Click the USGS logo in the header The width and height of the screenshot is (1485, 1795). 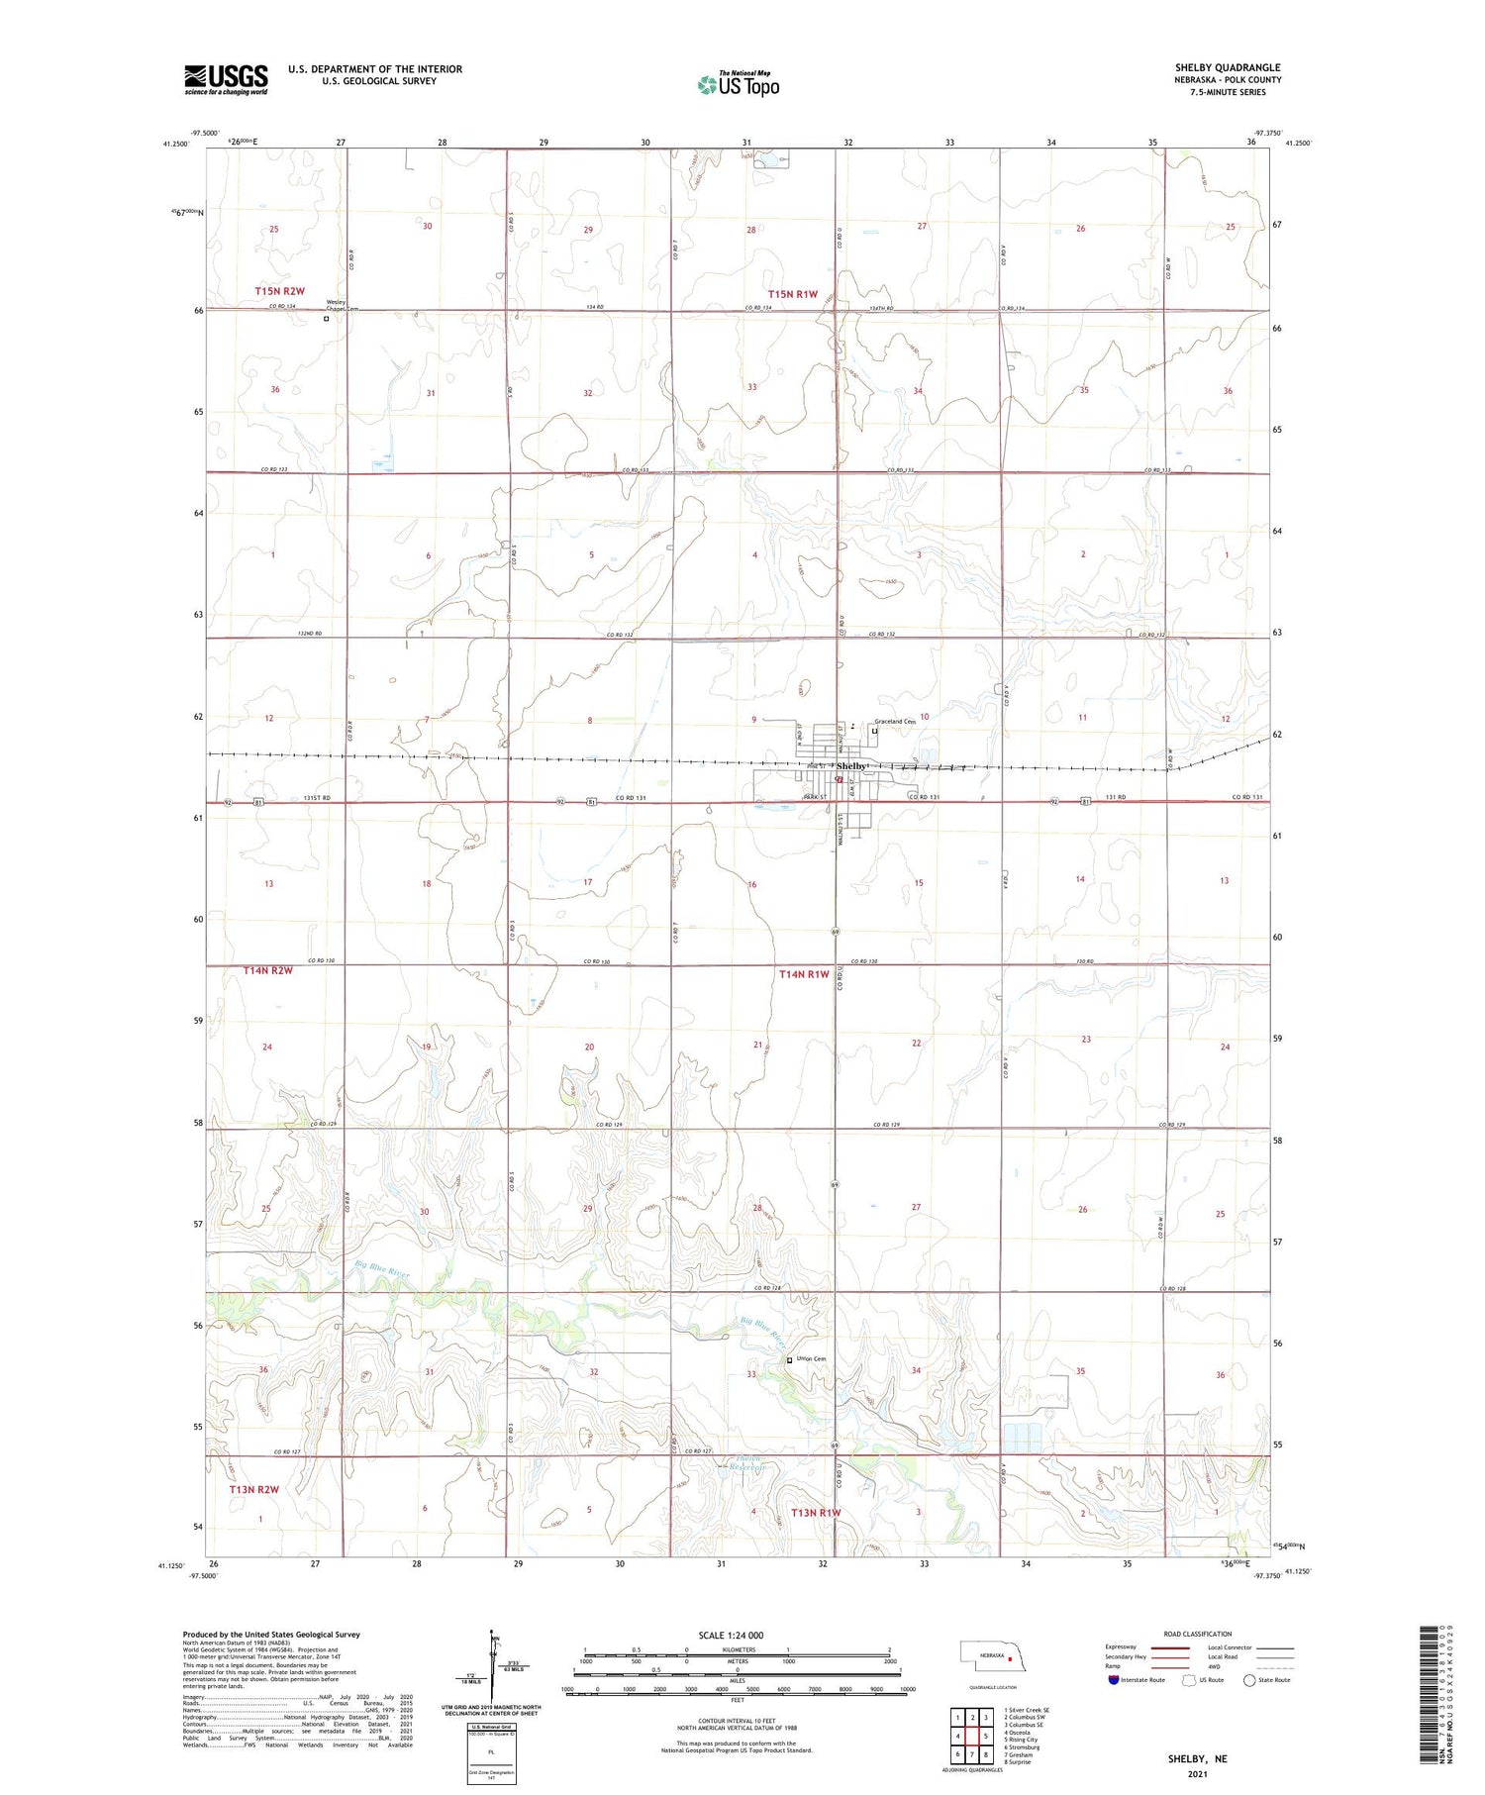point(226,79)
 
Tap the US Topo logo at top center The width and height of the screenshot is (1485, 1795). point(739,85)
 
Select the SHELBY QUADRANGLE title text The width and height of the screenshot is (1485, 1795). point(1227,68)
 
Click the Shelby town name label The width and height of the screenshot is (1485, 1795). point(852,767)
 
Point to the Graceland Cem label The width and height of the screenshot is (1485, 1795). point(895,722)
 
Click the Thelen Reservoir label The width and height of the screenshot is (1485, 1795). point(742,1463)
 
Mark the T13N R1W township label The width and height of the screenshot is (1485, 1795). point(816,1512)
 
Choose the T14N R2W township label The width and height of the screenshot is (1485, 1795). point(268,971)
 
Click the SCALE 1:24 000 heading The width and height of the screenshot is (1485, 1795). point(731,1636)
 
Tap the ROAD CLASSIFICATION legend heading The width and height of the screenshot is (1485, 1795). point(1197,1634)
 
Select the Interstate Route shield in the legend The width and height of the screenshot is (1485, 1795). point(1114,1680)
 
